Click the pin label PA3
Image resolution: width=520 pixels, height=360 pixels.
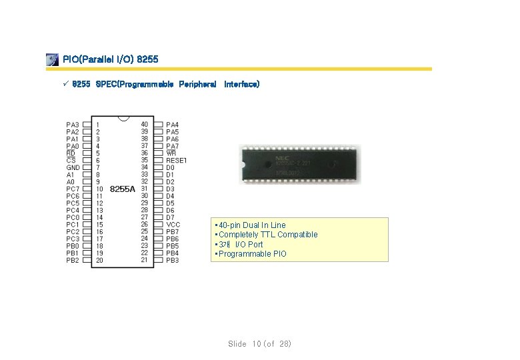(72, 125)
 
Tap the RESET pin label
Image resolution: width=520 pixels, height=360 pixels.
(177, 161)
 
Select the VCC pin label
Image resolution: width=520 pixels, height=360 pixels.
(173, 225)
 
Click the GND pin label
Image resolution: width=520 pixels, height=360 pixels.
(73, 167)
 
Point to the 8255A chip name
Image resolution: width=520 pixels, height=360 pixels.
(123, 189)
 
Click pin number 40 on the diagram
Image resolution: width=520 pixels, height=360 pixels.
(145, 125)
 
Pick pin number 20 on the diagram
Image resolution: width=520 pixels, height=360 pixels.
(100, 261)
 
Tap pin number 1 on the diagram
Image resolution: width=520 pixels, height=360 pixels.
(98, 125)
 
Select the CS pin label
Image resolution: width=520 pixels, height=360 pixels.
(71, 160)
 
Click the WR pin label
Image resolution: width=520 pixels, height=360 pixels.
(171, 153)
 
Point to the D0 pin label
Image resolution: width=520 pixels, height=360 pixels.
(170, 167)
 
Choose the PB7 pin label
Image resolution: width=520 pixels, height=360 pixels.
(172, 232)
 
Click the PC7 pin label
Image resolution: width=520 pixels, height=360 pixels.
(72, 189)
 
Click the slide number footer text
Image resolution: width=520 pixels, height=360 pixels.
(259, 344)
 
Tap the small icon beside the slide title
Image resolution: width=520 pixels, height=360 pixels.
(52, 60)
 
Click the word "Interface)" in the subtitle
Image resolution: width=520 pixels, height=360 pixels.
(242, 85)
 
